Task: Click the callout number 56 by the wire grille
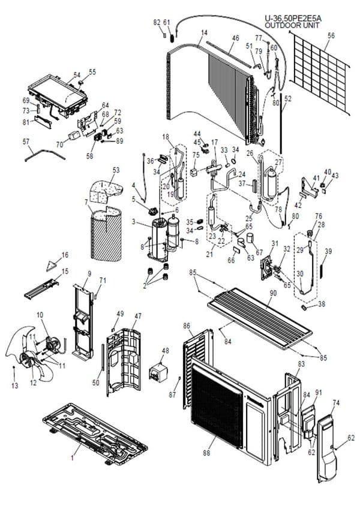(331, 35)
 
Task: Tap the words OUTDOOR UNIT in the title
(292, 25)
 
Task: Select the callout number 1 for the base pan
(73, 457)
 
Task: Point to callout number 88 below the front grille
(206, 453)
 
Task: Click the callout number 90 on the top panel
(273, 293)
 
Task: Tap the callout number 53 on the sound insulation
(116, 170)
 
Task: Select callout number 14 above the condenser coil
(204, 33)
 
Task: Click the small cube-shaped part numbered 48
(159, 372)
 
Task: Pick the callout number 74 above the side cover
(336, 403)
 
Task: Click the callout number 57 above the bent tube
(26, 141)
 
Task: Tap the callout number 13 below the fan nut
(14, 385)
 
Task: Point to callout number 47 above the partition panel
(138, 316)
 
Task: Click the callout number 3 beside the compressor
(133, 222)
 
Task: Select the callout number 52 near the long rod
(287, 99)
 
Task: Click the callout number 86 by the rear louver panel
(187, 326)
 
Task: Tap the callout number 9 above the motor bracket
(89, 273)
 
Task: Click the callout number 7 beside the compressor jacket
(86, 202)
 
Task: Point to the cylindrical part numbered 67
(251, 238)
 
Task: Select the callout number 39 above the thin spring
(328, 251)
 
